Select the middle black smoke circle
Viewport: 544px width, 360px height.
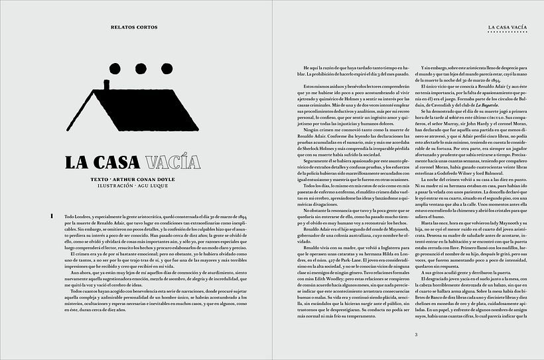141,69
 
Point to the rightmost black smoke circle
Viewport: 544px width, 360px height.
167,69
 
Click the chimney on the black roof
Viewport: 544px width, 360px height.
106,85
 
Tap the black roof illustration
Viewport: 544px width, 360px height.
139,109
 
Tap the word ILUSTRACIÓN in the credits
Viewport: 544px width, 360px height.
118,186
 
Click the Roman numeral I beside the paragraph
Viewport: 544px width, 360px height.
51,217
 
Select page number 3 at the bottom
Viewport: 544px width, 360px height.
415,334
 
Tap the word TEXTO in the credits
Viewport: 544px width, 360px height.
103,179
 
